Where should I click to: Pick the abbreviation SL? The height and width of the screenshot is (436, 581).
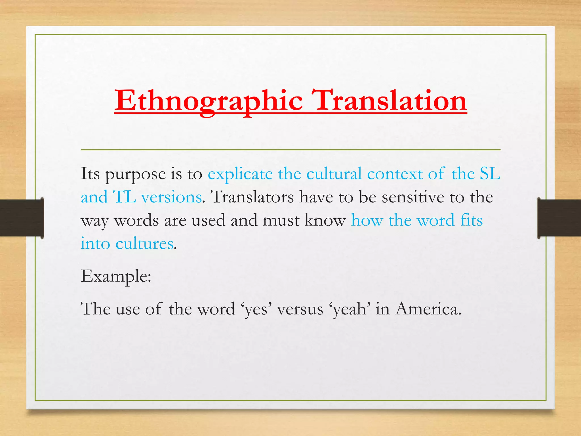[490, 173]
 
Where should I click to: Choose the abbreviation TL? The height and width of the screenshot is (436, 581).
[124, 197]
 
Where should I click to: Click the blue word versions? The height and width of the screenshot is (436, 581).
[171, 197]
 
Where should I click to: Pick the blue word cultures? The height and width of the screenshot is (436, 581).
[144, 244]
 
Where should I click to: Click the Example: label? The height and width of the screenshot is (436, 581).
[116, 276]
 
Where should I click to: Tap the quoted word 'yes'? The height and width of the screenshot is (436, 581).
[256, 309]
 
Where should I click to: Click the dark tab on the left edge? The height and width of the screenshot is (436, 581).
[22, 218]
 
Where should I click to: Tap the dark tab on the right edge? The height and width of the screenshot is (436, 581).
[559, 218]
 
